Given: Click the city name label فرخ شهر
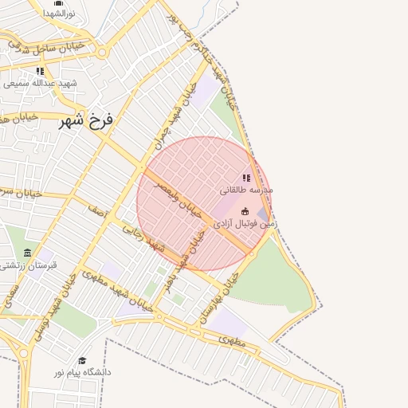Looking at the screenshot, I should pos(87,123).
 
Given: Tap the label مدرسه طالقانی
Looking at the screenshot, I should pos(246,191).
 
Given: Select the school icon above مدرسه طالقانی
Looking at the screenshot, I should pos(246,178).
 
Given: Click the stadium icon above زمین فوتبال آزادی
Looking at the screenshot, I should pos(244,212).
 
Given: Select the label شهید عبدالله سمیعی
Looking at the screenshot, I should pos(40,83).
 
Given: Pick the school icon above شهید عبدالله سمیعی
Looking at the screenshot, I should pos(40,71).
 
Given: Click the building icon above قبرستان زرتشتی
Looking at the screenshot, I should pos(28,253).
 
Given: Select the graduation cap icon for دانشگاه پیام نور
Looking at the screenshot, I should pos(82,359).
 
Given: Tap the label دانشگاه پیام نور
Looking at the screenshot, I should pos(83,372).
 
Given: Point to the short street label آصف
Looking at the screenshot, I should pos(97,213).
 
